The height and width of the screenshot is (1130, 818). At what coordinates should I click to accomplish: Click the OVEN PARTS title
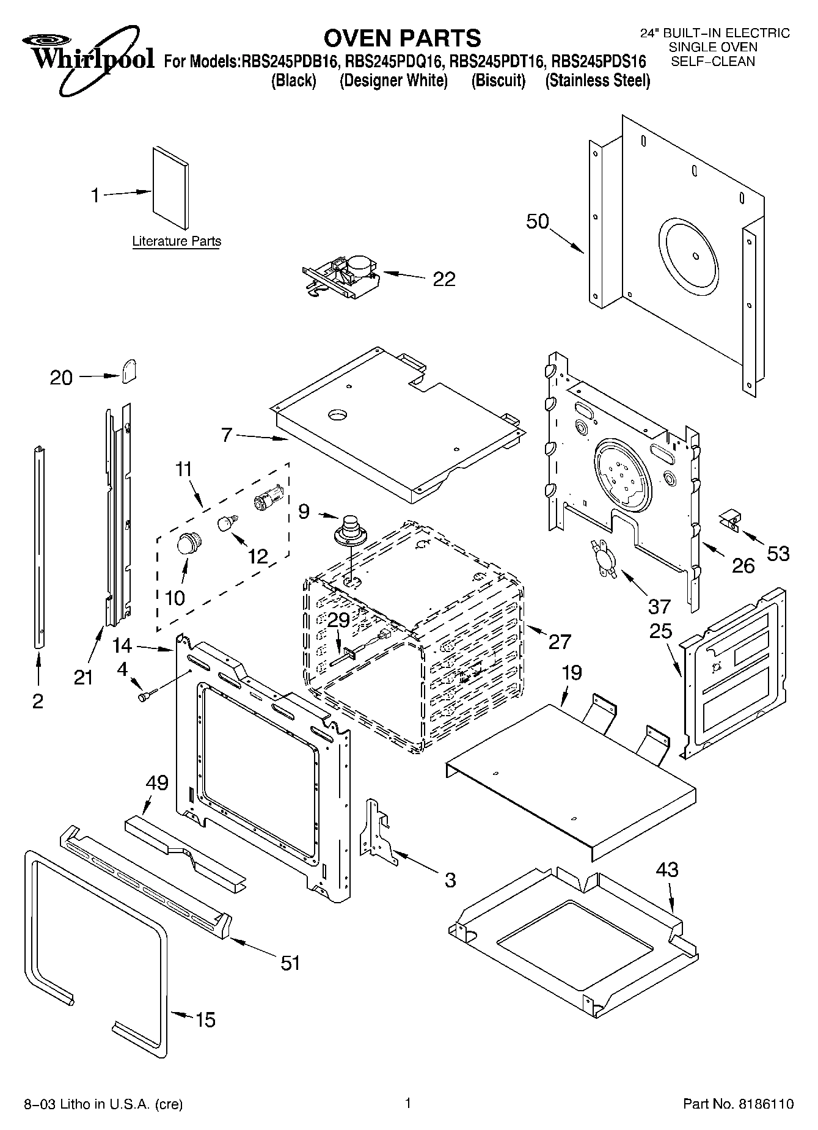(x=402, y=38)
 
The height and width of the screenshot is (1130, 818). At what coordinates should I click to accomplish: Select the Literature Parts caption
(x=177, y=241)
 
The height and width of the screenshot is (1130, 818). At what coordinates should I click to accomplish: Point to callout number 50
(x=538, y=221)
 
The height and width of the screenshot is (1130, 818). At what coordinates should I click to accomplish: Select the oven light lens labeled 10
(x=188, y=542)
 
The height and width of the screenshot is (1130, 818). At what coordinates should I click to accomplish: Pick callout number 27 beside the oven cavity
(x=560, y=641)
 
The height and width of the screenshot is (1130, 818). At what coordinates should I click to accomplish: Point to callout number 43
(x=666, y=869)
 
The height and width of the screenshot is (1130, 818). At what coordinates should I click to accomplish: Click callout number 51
(x=290, y=963)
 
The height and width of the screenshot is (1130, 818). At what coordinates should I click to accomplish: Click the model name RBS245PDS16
(x=598, y=61)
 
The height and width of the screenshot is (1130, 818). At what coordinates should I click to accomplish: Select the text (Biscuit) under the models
(x=498, y=80)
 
